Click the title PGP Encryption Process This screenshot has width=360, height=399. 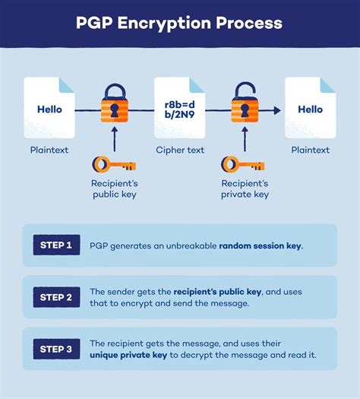point(179,23)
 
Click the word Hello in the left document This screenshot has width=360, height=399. point(49,109)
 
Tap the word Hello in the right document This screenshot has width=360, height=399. point(309,109)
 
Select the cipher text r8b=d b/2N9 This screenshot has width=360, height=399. point(179,110)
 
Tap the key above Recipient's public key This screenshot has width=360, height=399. point(113,163)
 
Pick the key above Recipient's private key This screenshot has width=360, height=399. point(242,163)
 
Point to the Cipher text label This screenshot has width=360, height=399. point(179,150)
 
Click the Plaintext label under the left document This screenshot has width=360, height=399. point(49,150)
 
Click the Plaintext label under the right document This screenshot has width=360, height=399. point(310,150)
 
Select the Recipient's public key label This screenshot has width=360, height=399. point(114,188)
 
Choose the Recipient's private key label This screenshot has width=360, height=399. point(244,188)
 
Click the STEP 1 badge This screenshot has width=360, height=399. point(56,245)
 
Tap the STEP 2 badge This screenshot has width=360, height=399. point(56,297)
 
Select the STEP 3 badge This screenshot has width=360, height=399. point(56,349)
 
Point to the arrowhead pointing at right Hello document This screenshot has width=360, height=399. point(277,110)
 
